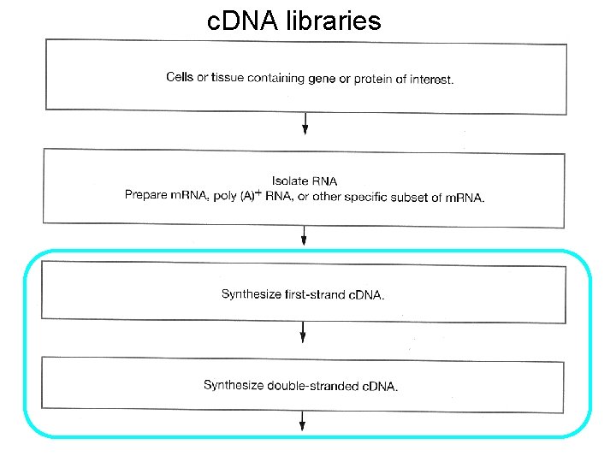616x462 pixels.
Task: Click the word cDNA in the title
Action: click(242, 21)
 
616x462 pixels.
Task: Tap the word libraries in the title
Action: click(333, 21)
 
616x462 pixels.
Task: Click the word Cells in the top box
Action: click(180, 77)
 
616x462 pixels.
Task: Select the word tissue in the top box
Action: click(228, 77)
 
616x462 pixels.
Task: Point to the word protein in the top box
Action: click(373, 79)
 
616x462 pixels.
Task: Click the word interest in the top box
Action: click(431, 80)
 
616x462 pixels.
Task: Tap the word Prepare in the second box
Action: click(145, 195)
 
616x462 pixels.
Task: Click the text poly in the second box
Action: click(225, 196)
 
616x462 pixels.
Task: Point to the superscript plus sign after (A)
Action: click(258, 192)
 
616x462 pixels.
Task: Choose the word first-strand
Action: click(316, 294)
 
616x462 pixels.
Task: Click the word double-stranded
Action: click(313, 386)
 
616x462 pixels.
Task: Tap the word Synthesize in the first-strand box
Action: click(251, 293)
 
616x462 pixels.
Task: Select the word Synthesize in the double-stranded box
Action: click(234, 385)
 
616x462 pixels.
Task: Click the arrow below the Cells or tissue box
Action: click(305, 123)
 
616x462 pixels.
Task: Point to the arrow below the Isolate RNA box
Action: click(304, 235)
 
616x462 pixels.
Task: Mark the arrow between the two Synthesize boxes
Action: click(303, 332)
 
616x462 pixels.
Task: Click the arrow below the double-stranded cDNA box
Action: click(302, 421)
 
